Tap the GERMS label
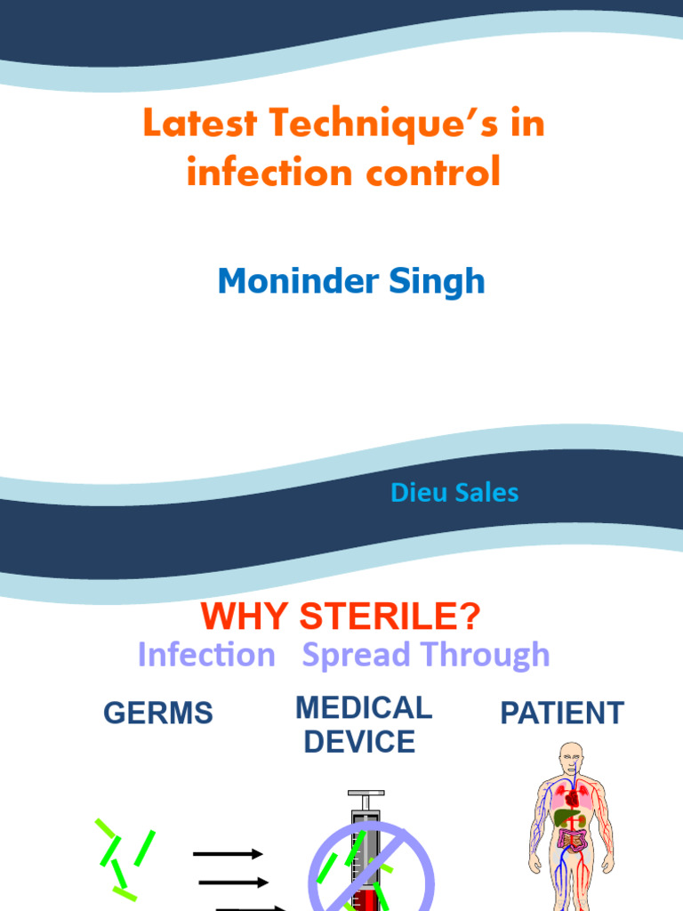[158, 713]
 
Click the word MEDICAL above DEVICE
[363, 708]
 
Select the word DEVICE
[359, 742]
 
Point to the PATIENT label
[562, 713]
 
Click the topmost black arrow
[228, 854]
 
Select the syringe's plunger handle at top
[366, 794]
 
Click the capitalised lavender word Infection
[206, 656]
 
